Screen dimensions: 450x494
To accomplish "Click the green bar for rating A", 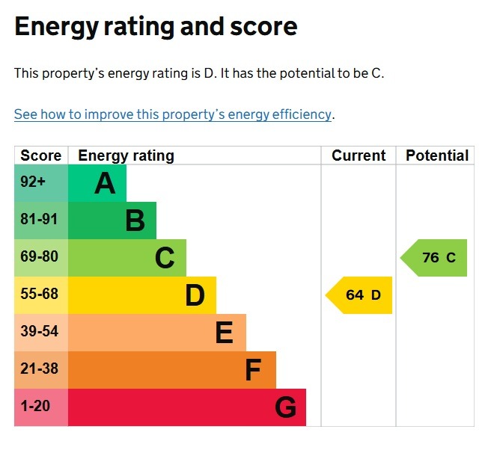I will (97, 183).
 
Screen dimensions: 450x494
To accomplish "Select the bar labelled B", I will (112, 221).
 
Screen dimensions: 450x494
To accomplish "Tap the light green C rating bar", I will (127, 258).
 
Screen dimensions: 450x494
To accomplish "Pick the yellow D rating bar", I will (142, 295).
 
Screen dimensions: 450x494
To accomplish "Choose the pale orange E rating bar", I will (157, 333).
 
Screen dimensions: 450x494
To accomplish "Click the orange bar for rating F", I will (172, 370).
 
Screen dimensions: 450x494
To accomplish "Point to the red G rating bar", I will (187, 407).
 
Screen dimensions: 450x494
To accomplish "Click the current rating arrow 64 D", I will (360, 295).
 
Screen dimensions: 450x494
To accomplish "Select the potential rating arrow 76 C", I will (435, 258).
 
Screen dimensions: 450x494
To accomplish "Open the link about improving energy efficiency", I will (172, 114).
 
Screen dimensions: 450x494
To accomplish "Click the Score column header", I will (41, 155).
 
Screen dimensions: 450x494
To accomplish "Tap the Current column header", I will (359, 155).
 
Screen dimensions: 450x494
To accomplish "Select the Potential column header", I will (437, 155).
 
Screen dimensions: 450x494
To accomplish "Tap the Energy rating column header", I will (126, 155).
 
